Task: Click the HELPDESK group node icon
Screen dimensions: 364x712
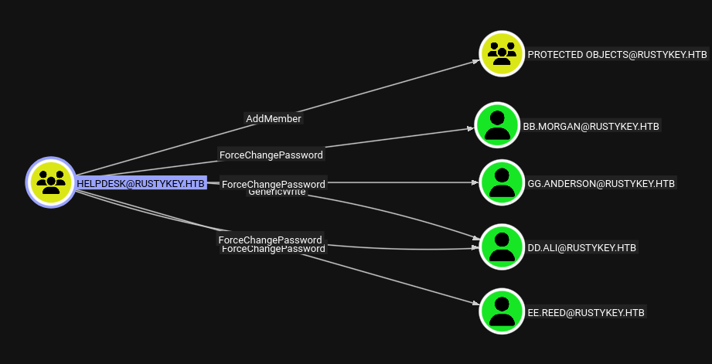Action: (51, 182)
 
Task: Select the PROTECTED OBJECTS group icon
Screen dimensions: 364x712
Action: (502, 54)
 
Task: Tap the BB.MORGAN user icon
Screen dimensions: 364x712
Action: (498, 125)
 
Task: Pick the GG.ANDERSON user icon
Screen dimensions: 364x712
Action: (502, 183)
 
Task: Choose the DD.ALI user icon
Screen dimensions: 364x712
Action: (502, 247)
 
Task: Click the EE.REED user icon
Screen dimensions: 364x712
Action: (502, 311)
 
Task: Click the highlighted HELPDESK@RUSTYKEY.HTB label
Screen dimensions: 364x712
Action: (141, 183)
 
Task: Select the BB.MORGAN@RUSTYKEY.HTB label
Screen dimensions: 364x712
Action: (591, 126)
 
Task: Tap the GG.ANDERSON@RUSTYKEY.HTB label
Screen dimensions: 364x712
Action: (601, 184)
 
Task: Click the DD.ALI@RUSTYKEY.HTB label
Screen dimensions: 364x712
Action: (582, 248)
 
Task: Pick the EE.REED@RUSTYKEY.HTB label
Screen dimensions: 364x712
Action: (586, 312)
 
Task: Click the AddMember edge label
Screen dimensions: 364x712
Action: (273, 118)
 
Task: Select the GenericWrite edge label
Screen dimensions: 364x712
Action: (276, 192)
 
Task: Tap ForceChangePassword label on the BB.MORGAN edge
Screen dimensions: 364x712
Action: (271, 155)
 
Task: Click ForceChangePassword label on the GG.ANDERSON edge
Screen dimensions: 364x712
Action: (273, 184)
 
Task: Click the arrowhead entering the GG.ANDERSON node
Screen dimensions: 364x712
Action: (475, 183)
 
